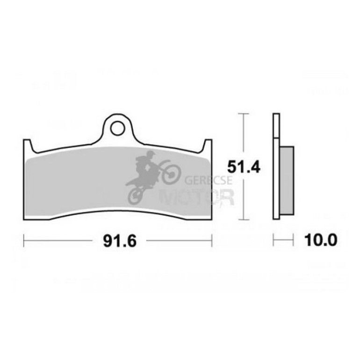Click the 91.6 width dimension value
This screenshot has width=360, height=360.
coord(120,241)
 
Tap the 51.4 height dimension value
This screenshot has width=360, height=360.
coord(244,167)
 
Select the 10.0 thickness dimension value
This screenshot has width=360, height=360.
coord(321,240)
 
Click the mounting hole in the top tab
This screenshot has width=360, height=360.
coord(117,129)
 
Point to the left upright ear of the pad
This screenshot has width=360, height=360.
coord(29,146)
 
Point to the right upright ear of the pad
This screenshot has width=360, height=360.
coord(207,146)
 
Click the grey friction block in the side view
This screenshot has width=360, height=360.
coord(287,180)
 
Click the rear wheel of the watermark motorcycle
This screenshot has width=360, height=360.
coord(136,196)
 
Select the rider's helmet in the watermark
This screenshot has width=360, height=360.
coord(151,154)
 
